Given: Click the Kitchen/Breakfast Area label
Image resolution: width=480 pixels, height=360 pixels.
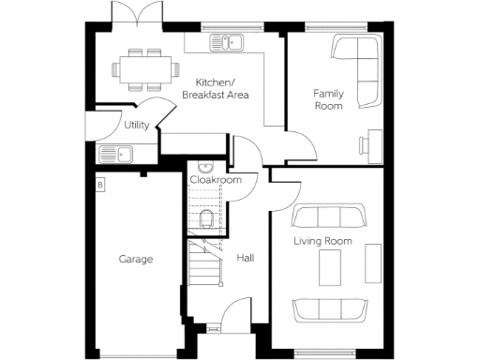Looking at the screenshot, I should point(215,89).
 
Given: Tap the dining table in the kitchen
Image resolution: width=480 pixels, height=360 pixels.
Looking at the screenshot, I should point(144,67).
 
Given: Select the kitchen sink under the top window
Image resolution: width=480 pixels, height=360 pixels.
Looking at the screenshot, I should point(226,41).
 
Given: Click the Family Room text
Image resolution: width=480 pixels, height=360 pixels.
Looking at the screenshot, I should point(328,99).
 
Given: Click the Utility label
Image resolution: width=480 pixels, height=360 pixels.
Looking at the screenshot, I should point(136,125).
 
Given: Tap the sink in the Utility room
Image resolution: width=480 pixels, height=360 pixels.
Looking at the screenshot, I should point(118,154).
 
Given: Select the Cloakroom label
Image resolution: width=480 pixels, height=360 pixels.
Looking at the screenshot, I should point(216,179).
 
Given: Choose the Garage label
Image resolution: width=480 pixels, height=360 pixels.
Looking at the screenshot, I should point(135,259).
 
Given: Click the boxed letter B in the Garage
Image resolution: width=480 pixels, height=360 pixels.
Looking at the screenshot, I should point(100,185).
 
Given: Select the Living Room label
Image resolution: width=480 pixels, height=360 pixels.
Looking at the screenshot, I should point(322,241).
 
